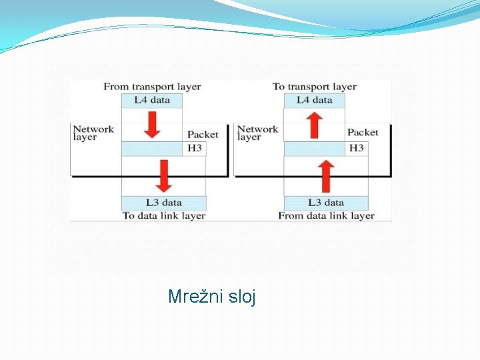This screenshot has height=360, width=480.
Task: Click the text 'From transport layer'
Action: pyautogui.click(x=152, y=87)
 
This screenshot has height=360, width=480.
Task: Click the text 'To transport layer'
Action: pyautogui.click(x=315, y=87)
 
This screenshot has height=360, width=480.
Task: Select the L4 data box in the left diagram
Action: pyautogui.click(x=152, y=100)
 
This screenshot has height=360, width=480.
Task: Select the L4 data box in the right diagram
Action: pyautogui.click(x=314, y=100)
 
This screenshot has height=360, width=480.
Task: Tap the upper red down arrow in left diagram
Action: pyautogui.click(x=153, y=125)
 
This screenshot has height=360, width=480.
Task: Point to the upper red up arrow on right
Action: pyautogui.click(x=315, y=125)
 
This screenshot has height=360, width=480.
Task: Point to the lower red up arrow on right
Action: pyautogui.click(x=326, y=176)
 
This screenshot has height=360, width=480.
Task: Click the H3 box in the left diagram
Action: pyautogui.click(x=194, y=148)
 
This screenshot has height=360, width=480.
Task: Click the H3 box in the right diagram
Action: pyautogui.click(x=357, y=148)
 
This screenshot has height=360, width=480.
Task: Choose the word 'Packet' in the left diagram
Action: pyautogui.click(x=203, y=134)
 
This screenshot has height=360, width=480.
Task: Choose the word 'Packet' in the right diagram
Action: pyautogui.click(x=363, y=133)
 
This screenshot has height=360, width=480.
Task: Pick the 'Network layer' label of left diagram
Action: pyautogui.click(x=93, y=133)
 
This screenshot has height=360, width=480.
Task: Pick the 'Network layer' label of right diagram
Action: pyautogui.click(x=257, y=133)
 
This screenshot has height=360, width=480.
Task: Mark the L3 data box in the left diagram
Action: pyautogui.click(x=164, y=203)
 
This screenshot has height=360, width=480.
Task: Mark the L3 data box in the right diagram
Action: pyautogui.click(x=326, y=203)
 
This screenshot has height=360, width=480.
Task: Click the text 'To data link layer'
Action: pyautogui.click(x=164, y=215)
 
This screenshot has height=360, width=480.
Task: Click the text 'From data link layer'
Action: pyautogui.click(x=326, y=215)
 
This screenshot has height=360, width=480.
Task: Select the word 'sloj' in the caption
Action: pyautogui.click(x=242, y=296)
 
